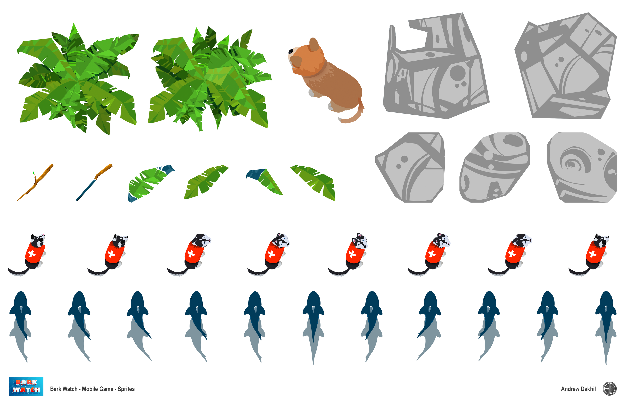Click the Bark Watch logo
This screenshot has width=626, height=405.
tap(26, 386)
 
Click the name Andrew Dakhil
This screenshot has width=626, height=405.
tap(578, 389)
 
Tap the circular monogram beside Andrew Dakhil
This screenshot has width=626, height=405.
tap(610, 389)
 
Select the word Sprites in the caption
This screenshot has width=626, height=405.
tap(126, 389)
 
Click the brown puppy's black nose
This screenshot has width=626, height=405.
tap(291, 51)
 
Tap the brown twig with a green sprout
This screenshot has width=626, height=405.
tap(35, 182)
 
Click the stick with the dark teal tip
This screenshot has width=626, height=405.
tap(94, 182)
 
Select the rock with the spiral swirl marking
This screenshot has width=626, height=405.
tap(582, 167)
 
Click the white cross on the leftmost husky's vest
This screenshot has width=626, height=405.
tap(32, 254)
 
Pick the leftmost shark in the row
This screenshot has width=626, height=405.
tap(20, 326)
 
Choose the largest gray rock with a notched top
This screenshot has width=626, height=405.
tap(435, 66)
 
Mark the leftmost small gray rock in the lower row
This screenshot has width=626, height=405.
tap(410, 167)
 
